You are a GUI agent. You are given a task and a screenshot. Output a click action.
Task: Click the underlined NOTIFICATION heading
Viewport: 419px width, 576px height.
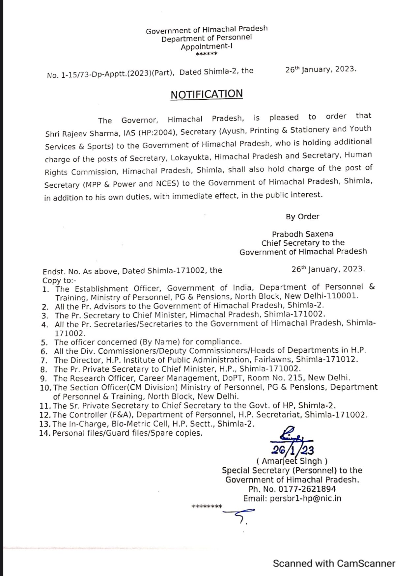coord(207,94)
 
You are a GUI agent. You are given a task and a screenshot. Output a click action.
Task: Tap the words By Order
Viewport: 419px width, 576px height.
coord(302,216)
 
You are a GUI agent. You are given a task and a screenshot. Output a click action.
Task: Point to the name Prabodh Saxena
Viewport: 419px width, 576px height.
coord(302,234)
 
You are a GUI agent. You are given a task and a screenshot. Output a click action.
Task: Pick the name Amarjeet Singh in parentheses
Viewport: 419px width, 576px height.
coord(292,461)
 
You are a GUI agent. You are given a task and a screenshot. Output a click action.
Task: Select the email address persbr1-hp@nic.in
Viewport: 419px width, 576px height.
coord(305,498)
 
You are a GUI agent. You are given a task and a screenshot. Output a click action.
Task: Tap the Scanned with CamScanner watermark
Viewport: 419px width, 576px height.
coord(334,563)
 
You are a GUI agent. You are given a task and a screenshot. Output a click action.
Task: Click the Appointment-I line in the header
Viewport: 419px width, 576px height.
coord(207,46)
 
